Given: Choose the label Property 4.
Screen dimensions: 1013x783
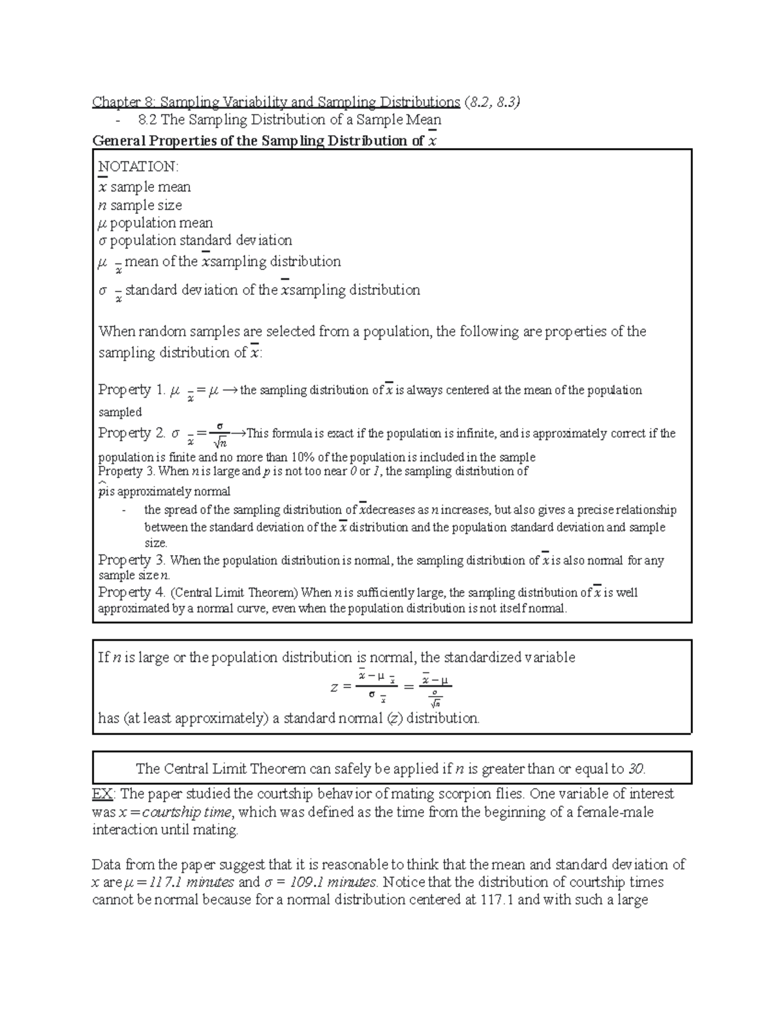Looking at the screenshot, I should (x=132, y=592).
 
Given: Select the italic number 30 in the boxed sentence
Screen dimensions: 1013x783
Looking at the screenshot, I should (x=636, y=768).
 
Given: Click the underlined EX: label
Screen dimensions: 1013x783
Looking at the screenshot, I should (x=104, y=794).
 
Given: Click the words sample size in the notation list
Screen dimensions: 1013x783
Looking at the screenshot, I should (x=146, y=205).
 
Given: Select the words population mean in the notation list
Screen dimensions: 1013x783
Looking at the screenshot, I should (x=161, y=222).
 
